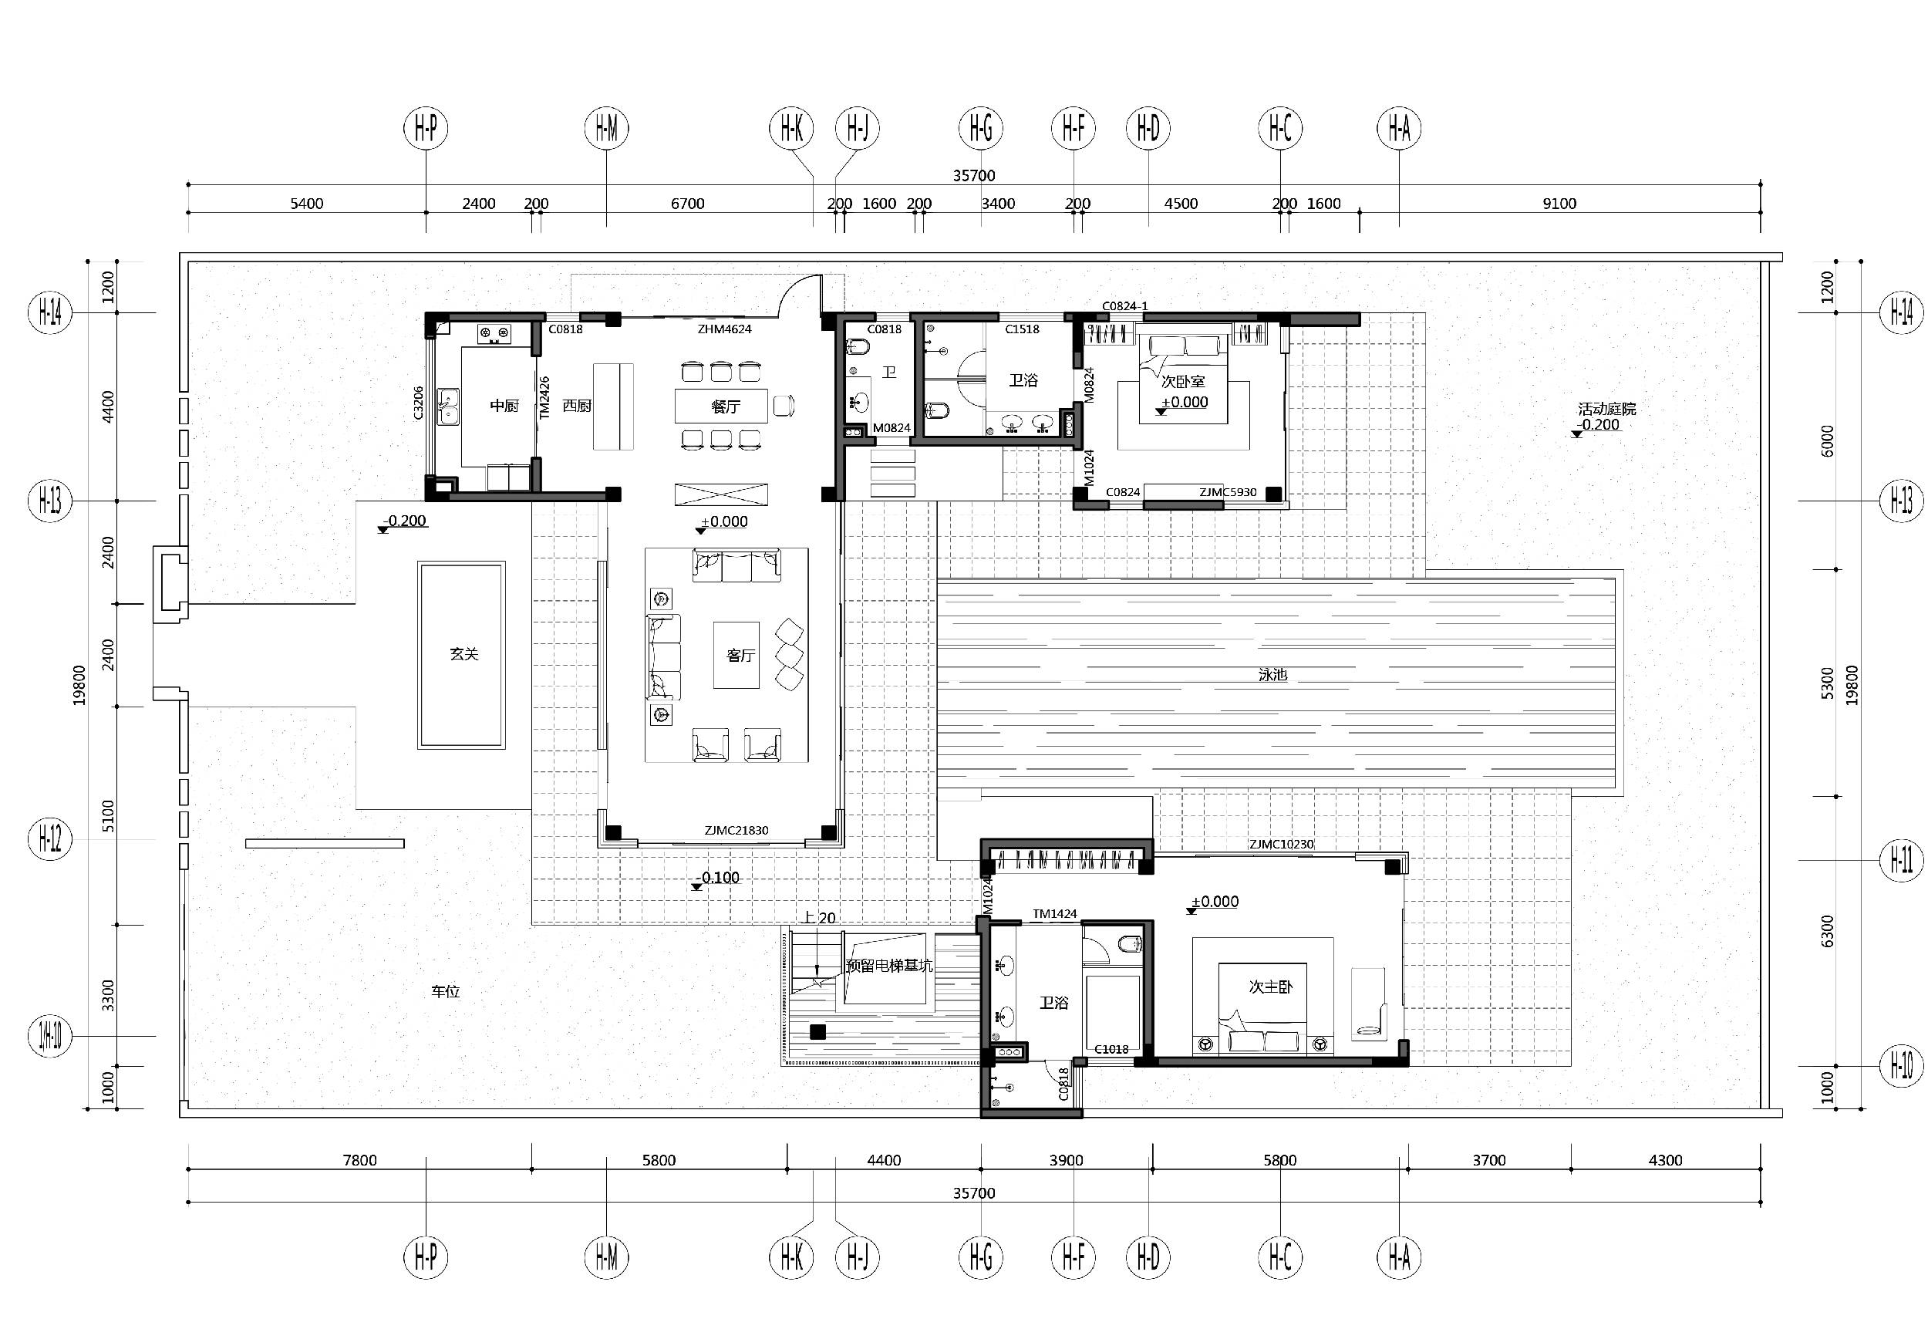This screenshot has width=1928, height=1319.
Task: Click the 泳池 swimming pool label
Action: tap(1272, 675)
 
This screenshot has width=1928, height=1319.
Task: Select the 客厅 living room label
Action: tap(741, 656)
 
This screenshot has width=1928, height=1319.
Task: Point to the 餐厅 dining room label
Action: tap(726, 406)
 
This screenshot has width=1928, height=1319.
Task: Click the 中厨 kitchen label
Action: tap(504, 406)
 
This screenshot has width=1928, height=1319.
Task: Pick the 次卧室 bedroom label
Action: tap(1183, 382)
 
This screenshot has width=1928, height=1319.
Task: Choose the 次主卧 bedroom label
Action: tap(1271, 987)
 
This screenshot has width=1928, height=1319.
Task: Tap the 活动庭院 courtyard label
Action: tap(1607, 409)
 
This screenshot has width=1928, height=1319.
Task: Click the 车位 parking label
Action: tap(446, 991)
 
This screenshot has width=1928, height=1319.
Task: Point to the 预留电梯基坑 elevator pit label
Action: tap(889, 966)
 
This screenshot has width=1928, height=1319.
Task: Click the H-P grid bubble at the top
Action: tap(426, 129)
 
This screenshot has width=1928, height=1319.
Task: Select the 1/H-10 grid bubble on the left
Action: tap(51, 1036)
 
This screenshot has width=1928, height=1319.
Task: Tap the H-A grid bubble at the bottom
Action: tap(1400, 1257)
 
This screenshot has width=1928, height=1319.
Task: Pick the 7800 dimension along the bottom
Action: tap(360, 1161)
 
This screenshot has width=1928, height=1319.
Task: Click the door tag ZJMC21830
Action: tap(736, 831)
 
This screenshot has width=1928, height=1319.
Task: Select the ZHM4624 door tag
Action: tap(724, 329)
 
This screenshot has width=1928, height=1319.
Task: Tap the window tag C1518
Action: tap(1022, 329)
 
